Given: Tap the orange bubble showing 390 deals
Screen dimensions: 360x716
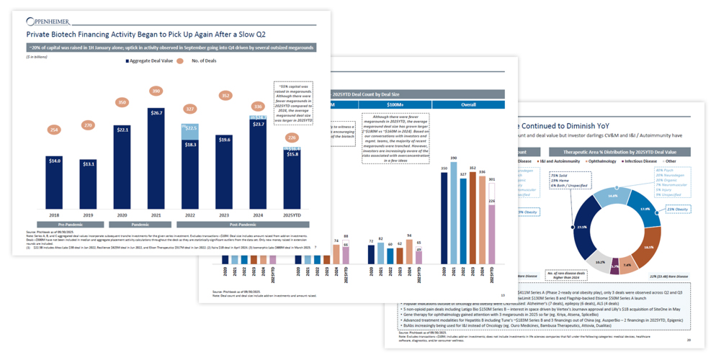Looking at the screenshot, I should (x=156, y=91).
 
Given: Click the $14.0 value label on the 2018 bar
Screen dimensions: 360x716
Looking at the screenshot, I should (x=55, y=161).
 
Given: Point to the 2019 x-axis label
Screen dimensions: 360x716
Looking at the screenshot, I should (x=89, y=215).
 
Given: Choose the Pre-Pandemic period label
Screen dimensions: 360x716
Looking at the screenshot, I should (x=71, y=225).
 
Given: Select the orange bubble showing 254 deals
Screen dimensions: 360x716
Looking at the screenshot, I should (x=55, y=130).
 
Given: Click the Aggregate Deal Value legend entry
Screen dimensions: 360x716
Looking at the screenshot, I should (x=150, y=61).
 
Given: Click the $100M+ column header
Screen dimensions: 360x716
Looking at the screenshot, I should (x=394, y=105).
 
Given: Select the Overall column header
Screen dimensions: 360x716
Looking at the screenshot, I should (x=467, y=105).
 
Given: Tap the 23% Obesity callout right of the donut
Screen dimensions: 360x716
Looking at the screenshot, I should (x=678, y=210).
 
